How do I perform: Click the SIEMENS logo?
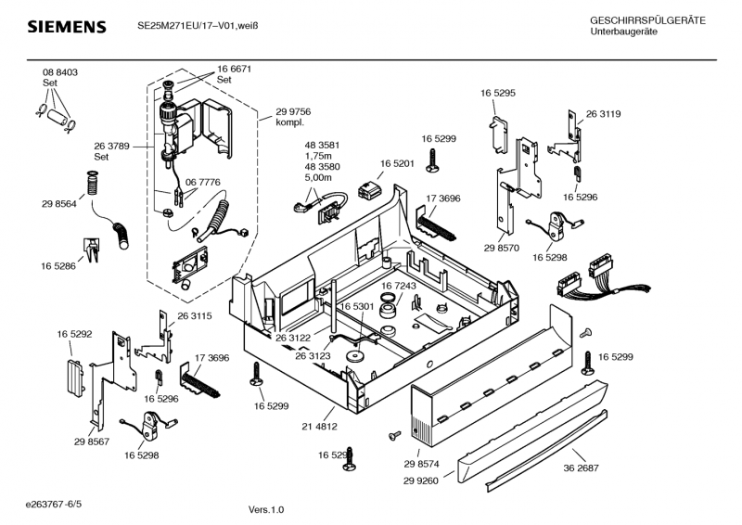point(65,27)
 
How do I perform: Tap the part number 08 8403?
point(59,72)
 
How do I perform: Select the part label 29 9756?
point(293,111)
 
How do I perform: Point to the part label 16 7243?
point(398,286)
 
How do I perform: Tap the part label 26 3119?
point(603,114)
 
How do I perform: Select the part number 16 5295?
point(498,93)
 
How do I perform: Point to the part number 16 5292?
point(74,333)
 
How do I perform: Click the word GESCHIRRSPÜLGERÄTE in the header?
point(647,20)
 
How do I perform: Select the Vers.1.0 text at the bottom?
point(267,509)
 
